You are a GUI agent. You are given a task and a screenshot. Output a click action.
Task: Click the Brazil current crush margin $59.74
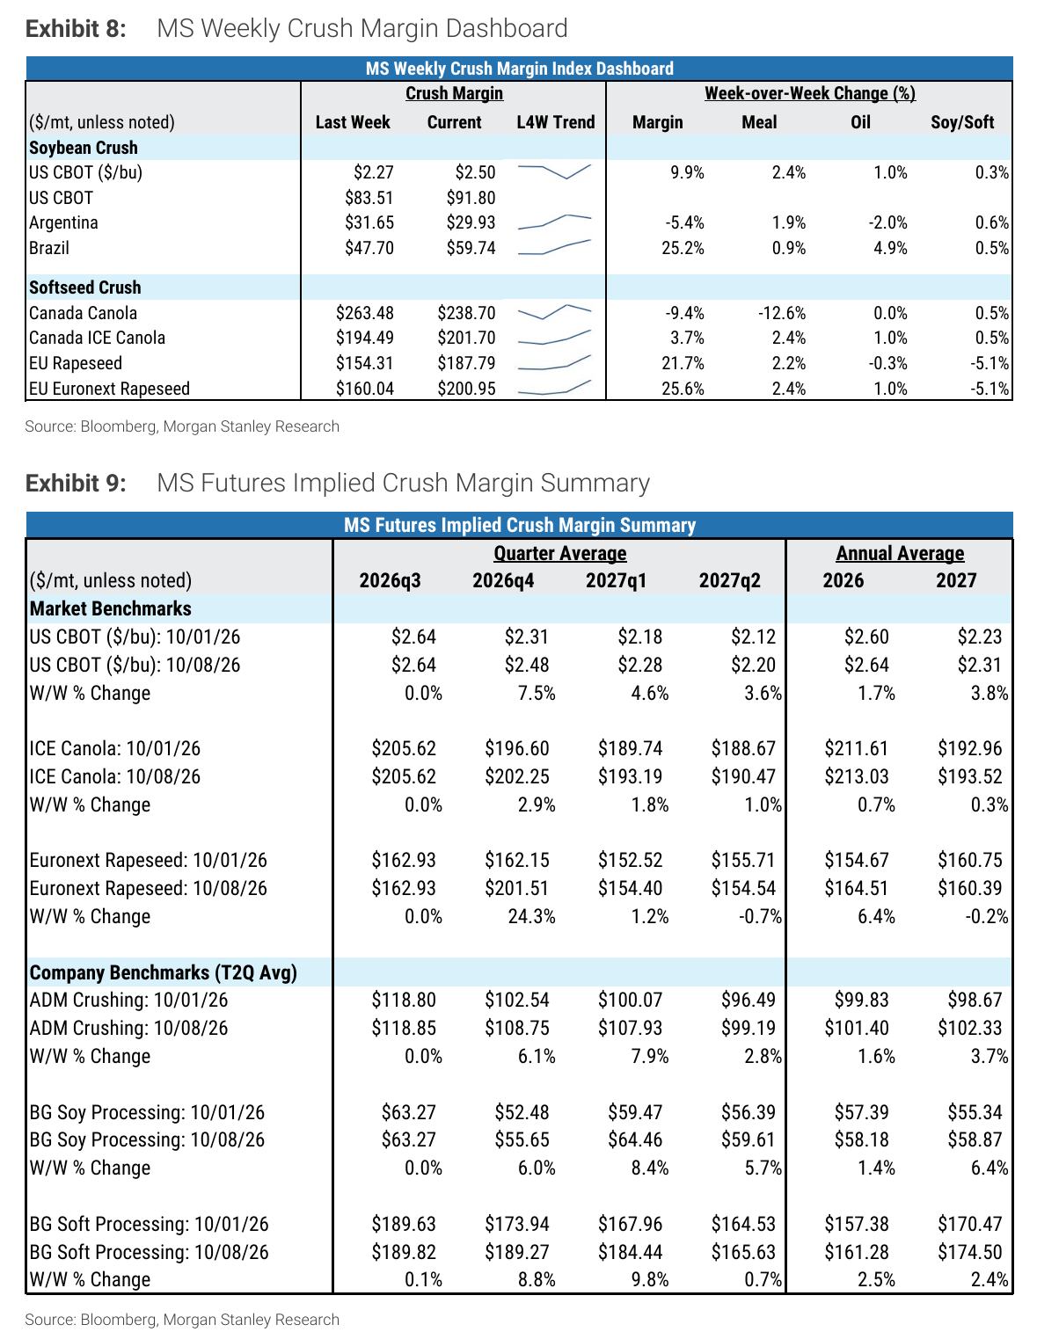471,248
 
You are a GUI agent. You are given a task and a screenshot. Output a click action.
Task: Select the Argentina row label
63,222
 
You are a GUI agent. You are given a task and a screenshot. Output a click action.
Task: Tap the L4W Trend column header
556,122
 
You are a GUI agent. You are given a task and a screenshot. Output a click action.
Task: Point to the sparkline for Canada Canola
554,312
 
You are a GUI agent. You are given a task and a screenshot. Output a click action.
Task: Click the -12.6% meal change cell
781,313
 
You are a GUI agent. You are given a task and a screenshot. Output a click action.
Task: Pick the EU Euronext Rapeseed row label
109,389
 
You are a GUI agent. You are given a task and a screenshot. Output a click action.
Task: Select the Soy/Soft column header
962,122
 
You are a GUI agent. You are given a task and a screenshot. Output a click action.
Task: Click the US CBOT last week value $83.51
369,198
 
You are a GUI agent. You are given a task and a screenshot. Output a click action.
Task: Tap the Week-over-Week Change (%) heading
809,93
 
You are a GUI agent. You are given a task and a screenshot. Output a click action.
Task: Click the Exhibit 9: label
76,483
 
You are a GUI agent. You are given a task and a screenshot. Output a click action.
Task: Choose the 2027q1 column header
616,580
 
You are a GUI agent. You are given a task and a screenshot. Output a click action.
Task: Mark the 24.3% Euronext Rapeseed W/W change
531,916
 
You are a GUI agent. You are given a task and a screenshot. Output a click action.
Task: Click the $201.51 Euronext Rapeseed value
516,888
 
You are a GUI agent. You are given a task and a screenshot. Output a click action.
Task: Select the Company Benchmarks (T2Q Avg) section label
163,972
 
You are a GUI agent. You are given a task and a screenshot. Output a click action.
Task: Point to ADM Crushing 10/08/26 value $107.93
630,1028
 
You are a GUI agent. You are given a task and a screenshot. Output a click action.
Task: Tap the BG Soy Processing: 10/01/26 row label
147,1112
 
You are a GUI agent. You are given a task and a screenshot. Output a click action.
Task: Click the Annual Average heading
900,554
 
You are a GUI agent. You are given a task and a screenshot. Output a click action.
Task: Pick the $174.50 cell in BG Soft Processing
969,1252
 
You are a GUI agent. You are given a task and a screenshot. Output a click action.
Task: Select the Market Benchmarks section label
110,608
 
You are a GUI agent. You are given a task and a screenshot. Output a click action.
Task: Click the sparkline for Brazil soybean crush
554,246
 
